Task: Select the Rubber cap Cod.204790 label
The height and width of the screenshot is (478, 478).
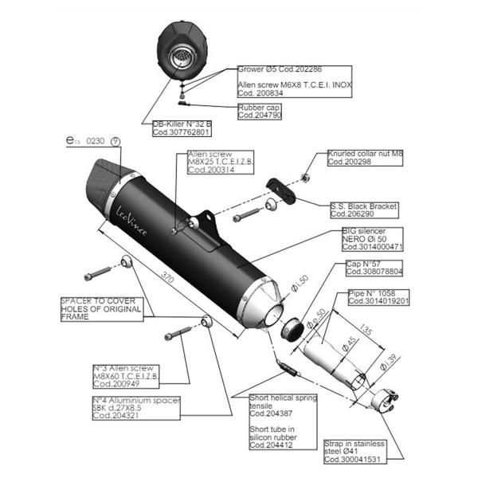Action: [x=257, y=112]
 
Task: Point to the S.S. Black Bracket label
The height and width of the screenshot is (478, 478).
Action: [x=363, y=210]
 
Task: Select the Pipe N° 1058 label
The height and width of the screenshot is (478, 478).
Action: [x=378, y=298]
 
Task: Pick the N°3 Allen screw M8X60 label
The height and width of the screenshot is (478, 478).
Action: [x=127, y=374]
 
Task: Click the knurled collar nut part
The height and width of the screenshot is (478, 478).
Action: [x=305, y=176]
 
